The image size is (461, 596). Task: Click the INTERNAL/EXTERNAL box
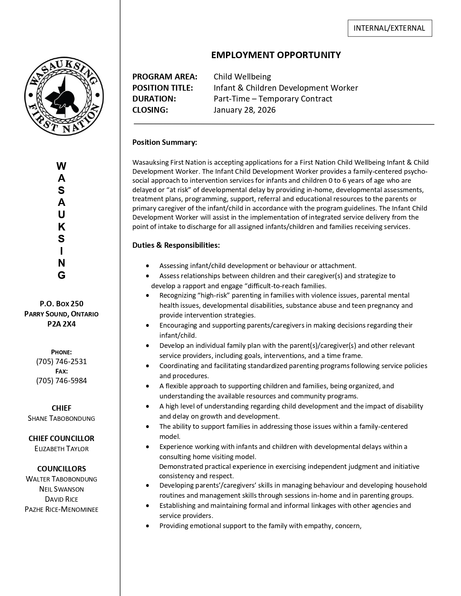click(x=389, y=28)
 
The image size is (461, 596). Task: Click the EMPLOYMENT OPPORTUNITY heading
click(x=276, y=55)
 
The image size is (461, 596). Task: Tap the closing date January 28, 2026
click(x=244, y=110)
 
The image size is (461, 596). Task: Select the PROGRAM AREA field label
click(x=165, y=77)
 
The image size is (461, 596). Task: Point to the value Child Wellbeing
click(x=242, y=77)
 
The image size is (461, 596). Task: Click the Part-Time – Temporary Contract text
click(x=273, y=99)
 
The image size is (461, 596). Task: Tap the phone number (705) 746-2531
click(x=61, y=362)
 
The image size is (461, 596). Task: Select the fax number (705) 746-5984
click(x=61, y=380)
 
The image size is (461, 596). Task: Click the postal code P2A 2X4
click(x=61, y=324)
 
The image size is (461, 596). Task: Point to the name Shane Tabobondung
click(x=61, y=418)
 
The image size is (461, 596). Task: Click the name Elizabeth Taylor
click(x=61, y=449)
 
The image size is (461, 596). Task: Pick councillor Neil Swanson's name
click(x=61, y=489)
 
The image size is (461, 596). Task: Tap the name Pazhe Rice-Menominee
click(x=61, y=509)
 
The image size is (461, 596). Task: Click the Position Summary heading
click(x=165, y=142)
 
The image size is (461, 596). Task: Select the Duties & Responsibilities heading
click(x=176, y=245)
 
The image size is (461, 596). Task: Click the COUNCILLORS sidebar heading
click(x=61, y=469)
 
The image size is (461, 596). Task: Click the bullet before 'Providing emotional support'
click(x=147, y=526)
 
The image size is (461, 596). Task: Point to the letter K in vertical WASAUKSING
click(x=61, y=227)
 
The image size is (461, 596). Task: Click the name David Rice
click(x=61, y=499)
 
